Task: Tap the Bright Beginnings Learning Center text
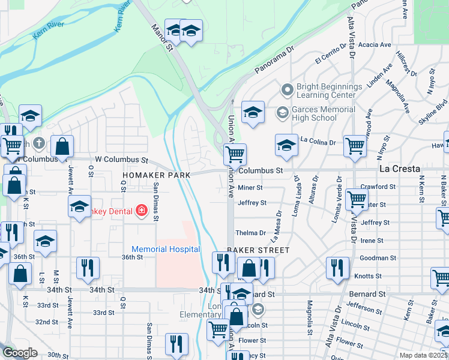[x=330, y=91]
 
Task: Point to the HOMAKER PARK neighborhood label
[x=156, y=175]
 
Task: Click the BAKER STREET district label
[x=258, y=250]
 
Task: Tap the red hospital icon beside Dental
[x=141, y=210]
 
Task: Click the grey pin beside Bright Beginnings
[x=287, y=91]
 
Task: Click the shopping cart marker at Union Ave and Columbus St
[x=235, y=154]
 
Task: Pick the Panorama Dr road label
[x=275, y=62]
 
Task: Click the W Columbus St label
[x=121, y=160]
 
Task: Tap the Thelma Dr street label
[x=250, y=233]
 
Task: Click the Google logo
[x=19, y=353]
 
